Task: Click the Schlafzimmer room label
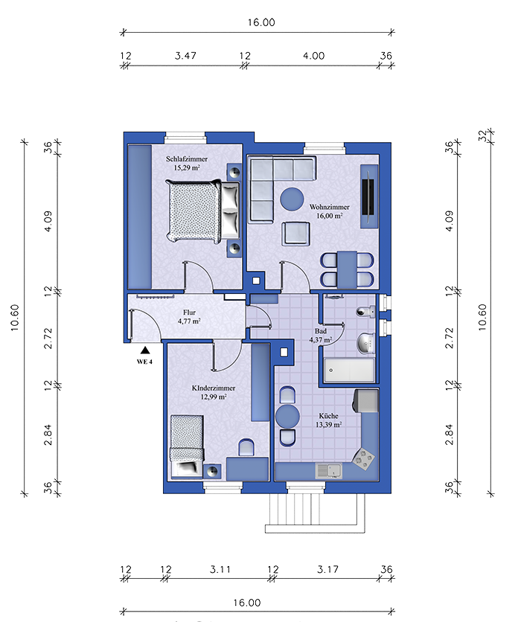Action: point(187,159)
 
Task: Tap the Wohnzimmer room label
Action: point(329,207)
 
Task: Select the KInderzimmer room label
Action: point(214,388)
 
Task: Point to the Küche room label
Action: point(328,416)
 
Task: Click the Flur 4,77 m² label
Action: point(189,316)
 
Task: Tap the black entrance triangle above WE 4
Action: point(145,350)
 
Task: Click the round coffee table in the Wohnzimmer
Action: point(292,199)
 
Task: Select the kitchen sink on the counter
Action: point(328,470)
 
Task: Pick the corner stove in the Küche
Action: point(364,459)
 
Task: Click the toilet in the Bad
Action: point(366,312)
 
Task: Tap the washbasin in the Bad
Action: point(366,343)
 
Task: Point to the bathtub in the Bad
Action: point(349,370)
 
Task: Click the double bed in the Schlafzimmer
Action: point(203,211)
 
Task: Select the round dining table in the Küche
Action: point(287,416)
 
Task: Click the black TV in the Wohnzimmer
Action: point(369,196)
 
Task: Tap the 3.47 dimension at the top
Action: point(185,56)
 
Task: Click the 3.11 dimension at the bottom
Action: point(220,570)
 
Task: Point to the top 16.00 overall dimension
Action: point(261,22)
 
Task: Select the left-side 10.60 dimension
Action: point(15,318)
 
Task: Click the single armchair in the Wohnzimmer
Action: point(295,234)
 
